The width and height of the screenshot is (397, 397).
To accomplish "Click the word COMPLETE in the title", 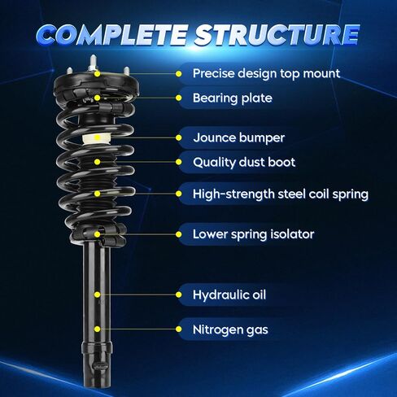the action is (112, 35).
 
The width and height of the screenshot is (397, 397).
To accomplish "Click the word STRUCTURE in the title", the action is (277, 35).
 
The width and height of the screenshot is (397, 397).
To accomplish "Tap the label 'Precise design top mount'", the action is (266, 73).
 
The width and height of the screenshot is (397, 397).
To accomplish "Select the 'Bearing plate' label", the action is (233, 98).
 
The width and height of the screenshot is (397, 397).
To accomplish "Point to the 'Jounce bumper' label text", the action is (239, 137).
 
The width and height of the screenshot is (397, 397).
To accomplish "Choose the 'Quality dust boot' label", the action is (244, 162).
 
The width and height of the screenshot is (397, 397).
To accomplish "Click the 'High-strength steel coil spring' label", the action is (281, 194).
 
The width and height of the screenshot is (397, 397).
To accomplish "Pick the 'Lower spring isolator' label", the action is (253, 234).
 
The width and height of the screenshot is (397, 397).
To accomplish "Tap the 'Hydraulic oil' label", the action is (229, 294).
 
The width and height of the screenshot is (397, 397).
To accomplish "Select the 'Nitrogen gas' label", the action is (230, 329).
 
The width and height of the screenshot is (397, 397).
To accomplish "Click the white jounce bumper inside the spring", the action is (96, 139).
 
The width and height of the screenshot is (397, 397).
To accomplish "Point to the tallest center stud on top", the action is (93, 63).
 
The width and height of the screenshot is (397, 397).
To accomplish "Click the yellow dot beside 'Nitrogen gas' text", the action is (178, 329).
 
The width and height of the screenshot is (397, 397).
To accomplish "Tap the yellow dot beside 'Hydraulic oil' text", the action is (178, 294).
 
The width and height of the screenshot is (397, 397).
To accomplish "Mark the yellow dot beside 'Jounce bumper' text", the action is (178, 137).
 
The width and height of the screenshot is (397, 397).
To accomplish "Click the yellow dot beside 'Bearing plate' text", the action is (178, 98).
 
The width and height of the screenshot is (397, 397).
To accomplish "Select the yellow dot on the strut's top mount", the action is (98, 74).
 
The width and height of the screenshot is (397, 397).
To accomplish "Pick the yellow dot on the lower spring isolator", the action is (98, 234).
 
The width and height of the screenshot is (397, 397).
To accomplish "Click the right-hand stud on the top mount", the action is (126, 72).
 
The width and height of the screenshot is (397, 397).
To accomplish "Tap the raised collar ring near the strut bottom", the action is (97, 347).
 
